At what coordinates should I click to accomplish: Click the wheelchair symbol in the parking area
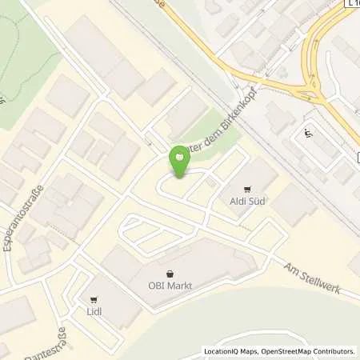click(x=308, y=134)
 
